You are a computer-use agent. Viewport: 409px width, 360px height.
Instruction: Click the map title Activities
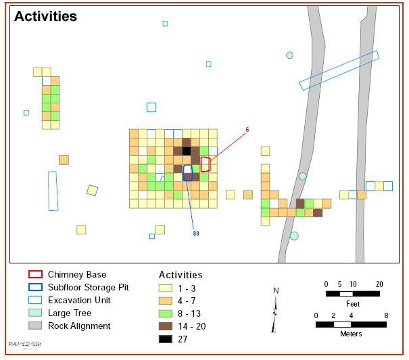(x=46, y=16)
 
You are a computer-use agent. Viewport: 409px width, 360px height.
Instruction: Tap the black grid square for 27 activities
(x=187, y=151)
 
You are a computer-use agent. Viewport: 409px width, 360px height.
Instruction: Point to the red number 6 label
(x=247, y=130)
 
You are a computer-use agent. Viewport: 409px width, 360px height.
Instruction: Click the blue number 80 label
(x=196, y=233)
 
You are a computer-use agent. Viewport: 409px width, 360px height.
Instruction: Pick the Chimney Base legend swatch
(x=35, y=274)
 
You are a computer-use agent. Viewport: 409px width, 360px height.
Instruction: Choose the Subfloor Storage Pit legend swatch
(x=35, y=287)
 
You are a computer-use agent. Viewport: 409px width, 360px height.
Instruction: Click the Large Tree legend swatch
(x=35, y=313)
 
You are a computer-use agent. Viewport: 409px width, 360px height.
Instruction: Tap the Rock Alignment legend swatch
(x=35, y=326)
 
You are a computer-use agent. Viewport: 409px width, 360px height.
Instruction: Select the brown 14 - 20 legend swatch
(x=166, y=326)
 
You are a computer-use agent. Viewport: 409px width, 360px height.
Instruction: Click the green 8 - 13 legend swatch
(x=166, y=313)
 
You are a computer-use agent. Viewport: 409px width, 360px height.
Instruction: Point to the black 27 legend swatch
(x=166, y=339)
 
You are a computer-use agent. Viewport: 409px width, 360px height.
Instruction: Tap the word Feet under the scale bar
(x=353, y=304)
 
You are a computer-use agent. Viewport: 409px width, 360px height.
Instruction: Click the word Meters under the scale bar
(x=351, y=334)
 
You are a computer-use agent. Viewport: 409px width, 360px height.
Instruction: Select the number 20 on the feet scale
(x=379, y=284)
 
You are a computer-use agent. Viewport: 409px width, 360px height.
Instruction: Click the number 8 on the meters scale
(x=386, y=315)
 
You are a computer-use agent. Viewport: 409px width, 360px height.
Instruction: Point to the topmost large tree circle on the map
(x=289, y=55)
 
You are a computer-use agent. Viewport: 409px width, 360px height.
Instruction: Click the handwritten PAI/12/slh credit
(x=25, y=344)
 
